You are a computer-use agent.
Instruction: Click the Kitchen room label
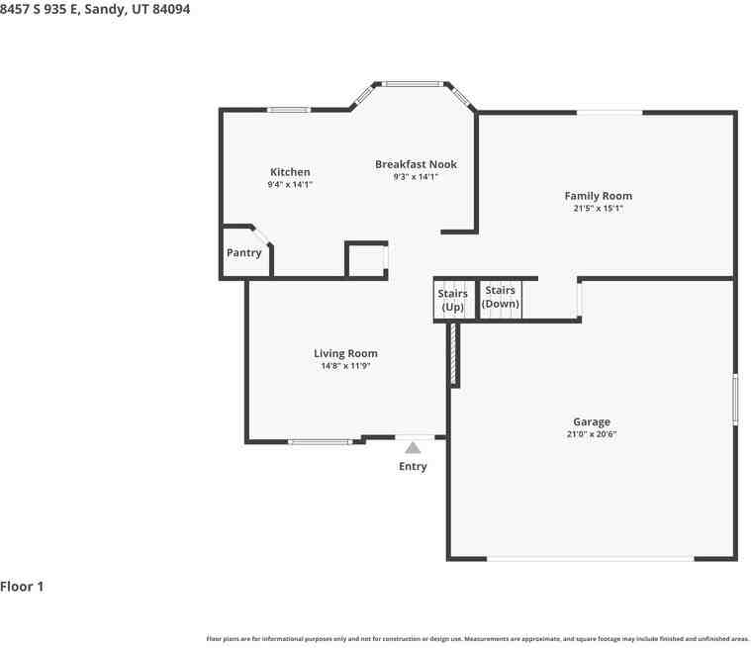290,172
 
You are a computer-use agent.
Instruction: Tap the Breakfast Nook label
416,164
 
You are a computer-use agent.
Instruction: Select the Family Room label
599,196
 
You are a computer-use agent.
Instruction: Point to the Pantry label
243,253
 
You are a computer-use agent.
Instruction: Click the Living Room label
345,353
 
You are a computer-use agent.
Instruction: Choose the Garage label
592,422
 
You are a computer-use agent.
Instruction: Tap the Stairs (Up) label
452,300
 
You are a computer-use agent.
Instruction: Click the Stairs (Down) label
500,297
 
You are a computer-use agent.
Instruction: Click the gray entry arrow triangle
413,448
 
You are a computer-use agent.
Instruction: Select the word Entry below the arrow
413,467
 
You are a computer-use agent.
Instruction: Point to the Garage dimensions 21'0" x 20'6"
592,434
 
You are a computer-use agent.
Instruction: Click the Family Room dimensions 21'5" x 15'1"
599,209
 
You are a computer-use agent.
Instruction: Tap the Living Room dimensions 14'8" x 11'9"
345,366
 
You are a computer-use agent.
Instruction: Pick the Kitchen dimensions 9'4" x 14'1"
290,184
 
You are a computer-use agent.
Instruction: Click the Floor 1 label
22,587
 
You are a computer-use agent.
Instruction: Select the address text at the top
95,9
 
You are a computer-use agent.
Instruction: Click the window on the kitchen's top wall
288,110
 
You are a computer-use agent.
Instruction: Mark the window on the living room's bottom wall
321,442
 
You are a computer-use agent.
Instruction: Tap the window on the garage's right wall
735,400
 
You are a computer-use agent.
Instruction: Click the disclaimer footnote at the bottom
478,639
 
